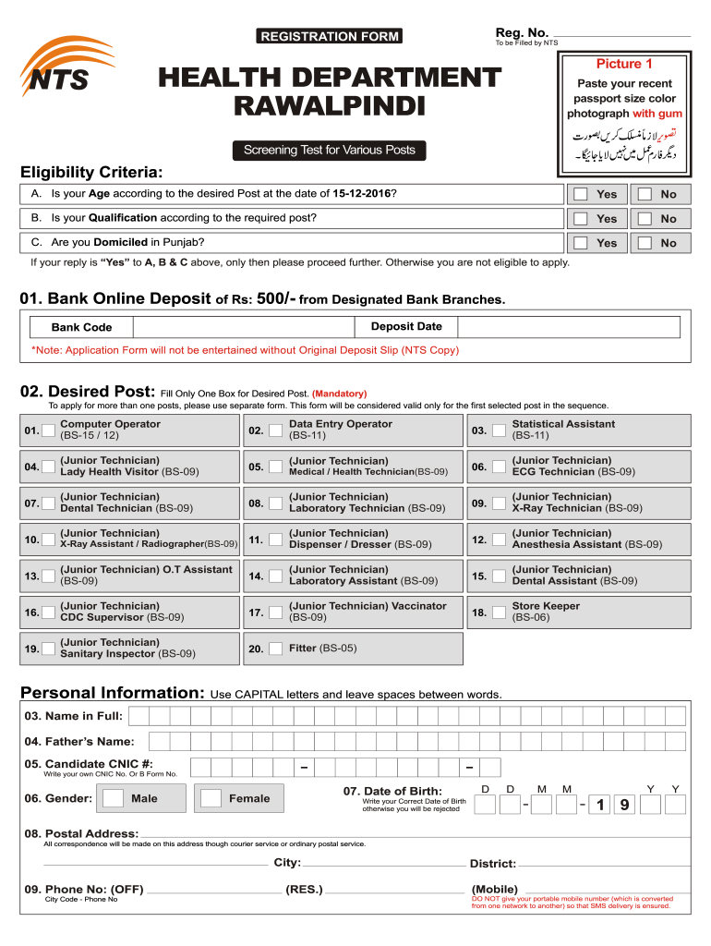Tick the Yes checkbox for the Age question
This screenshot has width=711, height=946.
(x=579, y=194)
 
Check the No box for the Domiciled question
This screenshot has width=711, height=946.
(x=645, y=243)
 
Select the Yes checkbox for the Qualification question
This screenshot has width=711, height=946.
(x=579, y=219)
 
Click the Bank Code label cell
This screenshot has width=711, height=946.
(x=81, y=327)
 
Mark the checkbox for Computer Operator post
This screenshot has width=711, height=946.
(x=48, y=431)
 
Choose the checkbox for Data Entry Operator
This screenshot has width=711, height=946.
(x=274, y=431)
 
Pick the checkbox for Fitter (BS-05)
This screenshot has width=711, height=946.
(x=274, y=649)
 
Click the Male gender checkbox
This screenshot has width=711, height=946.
(x=114, y=798)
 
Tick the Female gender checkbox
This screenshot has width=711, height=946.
(x=211, y=798)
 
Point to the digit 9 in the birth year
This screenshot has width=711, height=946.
(x=624, y=806)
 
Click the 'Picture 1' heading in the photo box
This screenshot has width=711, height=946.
(x=624, y=64)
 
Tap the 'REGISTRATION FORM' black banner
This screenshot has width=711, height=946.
(x=330, y=36)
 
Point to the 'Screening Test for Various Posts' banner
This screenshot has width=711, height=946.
(x=330, y=150)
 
